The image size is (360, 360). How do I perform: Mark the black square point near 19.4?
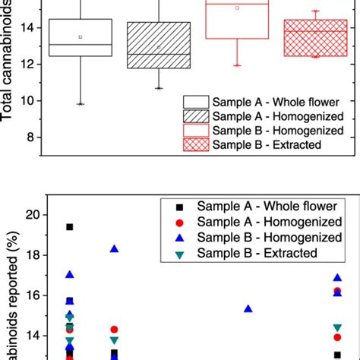click(x=70, y=226)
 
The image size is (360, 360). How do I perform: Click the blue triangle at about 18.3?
click(x=114, y=248)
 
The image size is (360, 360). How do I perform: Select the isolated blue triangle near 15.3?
click(x=248, y=308)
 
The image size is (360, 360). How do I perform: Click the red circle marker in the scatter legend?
click(x=178, y=223)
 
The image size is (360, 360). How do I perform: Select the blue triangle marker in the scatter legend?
click(x=178, y=238)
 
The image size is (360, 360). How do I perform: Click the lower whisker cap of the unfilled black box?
click(x=80, y=104)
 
